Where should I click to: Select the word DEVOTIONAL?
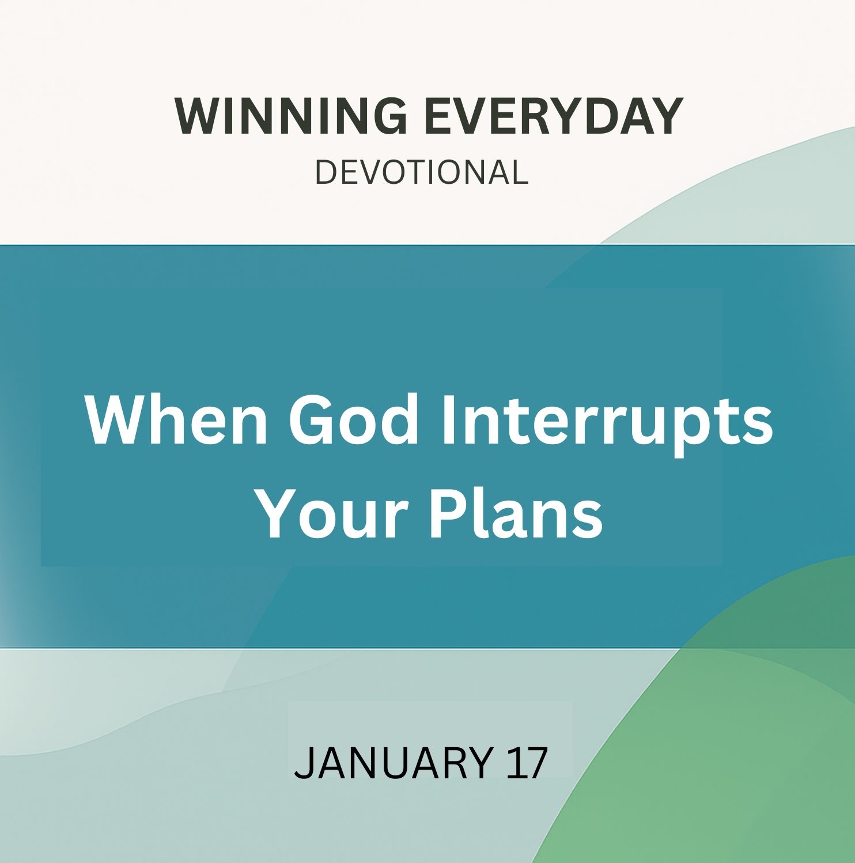[x=422, y=172]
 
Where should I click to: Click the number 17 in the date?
[x=526, y=763]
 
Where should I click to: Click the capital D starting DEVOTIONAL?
[x=326, y=172]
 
